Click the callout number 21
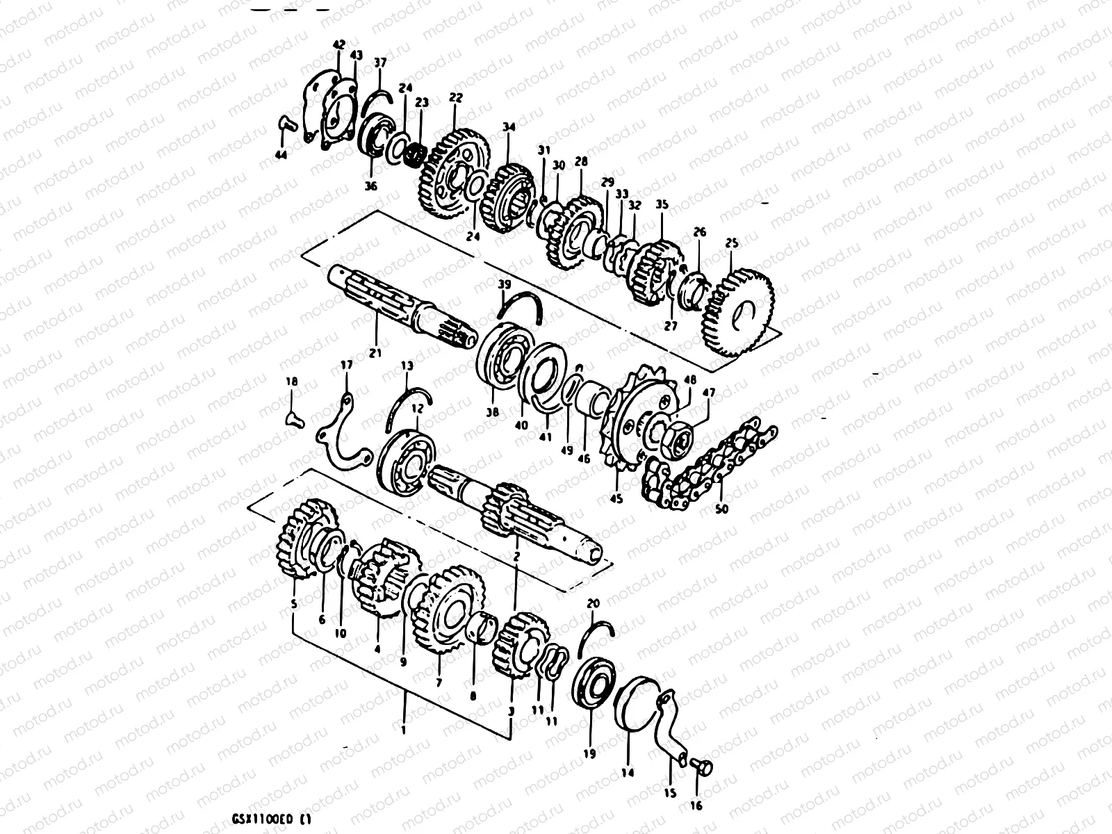click(376, 353)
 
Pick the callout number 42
click(338, 44)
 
